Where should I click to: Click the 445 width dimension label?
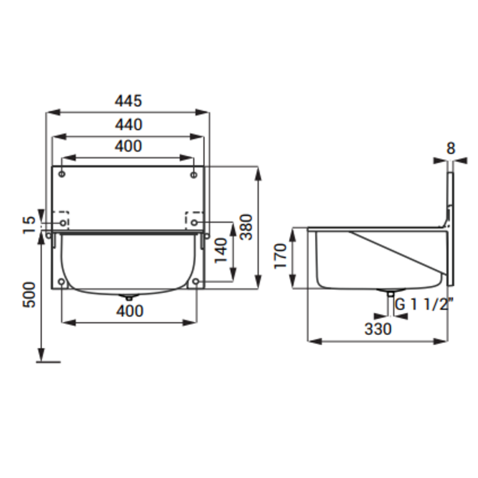tap(128, 101)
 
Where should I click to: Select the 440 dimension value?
tap(128, 125)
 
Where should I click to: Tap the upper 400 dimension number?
tap(128, 146)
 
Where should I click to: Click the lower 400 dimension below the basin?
tap(129, 311)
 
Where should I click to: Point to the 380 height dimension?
tap(246, 227)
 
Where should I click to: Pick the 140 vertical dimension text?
tap(221, 251)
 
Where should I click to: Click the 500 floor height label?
tap(29, 294)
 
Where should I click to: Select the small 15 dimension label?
tap(29, 225)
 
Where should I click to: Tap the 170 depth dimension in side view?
tap(281, 256)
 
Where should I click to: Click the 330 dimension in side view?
tap(378, 329)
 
